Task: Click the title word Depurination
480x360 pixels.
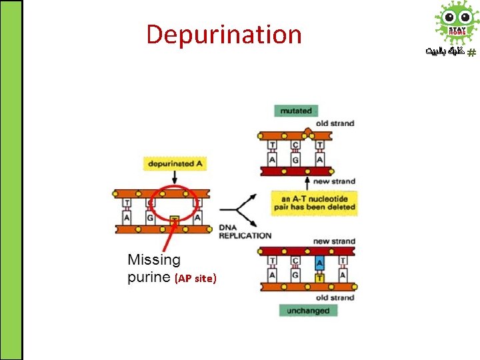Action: [223, 35]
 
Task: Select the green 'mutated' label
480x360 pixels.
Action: [295, 111]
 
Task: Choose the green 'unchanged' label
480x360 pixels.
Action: [307, 310]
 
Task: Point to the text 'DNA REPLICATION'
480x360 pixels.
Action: [245, 231]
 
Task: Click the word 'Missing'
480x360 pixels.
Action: [154, 259]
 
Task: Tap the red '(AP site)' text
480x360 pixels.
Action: [195, 279]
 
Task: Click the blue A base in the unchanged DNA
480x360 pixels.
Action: [320, 263]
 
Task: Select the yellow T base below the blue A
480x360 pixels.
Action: [320, 276]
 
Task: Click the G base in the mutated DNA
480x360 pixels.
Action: [295, 160]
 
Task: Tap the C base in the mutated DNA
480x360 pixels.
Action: [295, 145]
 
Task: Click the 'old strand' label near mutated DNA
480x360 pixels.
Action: [335, 123]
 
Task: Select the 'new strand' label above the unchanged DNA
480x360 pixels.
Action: [334, 241]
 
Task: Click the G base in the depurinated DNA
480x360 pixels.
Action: [150, 217]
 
